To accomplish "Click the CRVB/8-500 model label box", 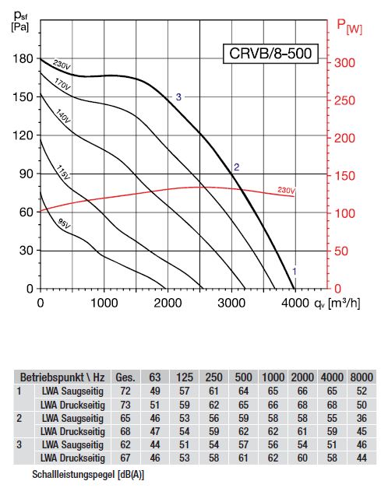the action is coord(270,54).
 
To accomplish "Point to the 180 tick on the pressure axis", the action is coord(23,58).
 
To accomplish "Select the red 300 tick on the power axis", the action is coord(344,62).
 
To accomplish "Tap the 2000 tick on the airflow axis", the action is coord(168,303).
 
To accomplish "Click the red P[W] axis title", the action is coord(349,26).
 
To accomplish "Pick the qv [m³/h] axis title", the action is coord(337,303).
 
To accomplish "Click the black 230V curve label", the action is coord(62,65).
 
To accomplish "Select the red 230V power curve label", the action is coord(286,190).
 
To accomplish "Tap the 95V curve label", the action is coord(65,223).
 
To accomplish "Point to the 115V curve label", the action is coord(63,173).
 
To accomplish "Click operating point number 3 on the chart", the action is coord(178,97).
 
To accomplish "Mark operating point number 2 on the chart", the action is coord(236,167).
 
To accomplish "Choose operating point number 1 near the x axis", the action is coord(294,272).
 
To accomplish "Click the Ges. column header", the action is coord(125,377).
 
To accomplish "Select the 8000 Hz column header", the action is coord(362,377).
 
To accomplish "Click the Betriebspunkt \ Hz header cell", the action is coord(62,377).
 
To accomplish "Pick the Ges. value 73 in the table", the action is coord(125,405).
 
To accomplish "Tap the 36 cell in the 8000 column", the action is coord(362,418).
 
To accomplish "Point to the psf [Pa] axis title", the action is coord(20,20).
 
